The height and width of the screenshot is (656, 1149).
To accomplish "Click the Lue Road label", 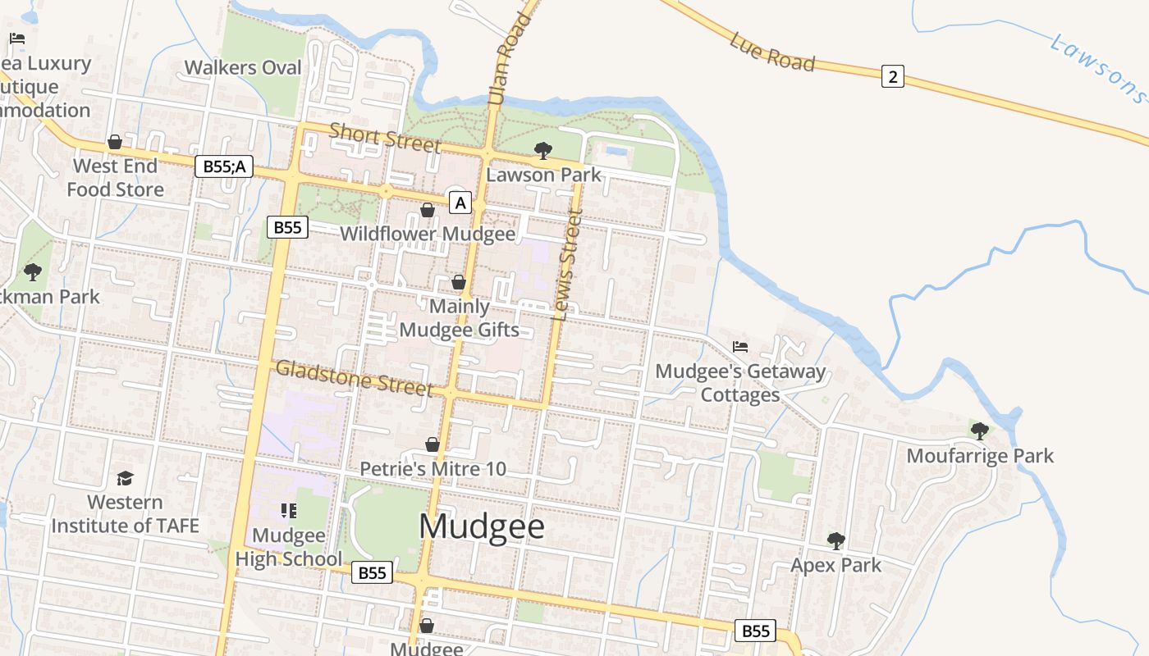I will point(772,52).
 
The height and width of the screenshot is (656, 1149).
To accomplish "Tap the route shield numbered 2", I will point(893,77).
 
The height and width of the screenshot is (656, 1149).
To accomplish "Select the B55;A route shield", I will point(224,166).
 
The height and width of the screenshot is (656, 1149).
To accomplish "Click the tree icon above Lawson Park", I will point(542,150).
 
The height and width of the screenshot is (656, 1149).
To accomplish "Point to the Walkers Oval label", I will point(243,67).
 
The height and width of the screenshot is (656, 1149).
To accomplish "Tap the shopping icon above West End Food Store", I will point(115,142).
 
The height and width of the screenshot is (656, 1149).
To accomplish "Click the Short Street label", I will point(385,137).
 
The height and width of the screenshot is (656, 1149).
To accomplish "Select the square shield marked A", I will point(460,202).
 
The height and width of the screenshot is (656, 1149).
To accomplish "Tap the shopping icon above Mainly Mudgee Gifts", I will point(459,282).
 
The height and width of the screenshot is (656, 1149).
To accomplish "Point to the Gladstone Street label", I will point(354,378).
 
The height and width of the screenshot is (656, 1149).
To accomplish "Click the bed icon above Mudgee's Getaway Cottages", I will point(740,347).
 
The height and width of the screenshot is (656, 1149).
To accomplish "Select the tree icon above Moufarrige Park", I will point(979,430).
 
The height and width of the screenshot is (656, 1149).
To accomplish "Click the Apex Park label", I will point(835,565).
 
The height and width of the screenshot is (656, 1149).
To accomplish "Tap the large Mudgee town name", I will point(482,526).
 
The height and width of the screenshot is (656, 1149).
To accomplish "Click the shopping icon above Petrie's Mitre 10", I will point(433,444).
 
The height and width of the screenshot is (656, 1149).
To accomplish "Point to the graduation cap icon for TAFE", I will point(125,478).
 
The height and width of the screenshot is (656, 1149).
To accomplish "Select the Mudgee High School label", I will point(288,547).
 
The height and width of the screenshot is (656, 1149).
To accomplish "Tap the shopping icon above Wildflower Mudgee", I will point(428,210).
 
